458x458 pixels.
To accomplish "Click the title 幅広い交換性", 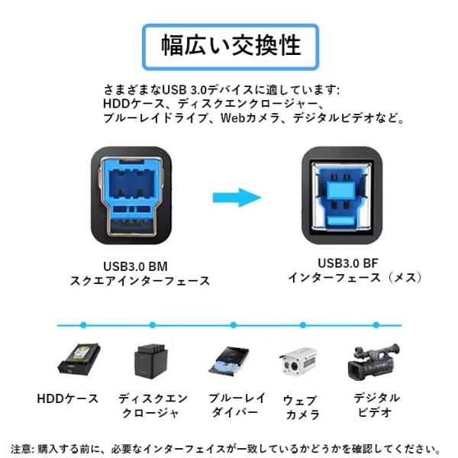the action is click(x=231, y=45).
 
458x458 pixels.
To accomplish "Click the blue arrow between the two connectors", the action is click(x=237, y=198).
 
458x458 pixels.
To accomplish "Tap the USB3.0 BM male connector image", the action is click(x=131, y=195).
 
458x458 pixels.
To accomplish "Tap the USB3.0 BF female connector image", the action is click(x=342, y=195).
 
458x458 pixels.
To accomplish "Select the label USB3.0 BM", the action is click(x=136, y=266).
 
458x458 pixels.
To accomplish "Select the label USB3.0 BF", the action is click(x=348, y=263).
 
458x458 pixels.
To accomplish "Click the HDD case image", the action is click(x=79, y=359).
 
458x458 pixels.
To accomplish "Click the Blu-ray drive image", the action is click(x=229, y=362).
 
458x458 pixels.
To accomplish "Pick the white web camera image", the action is click(x=298, y=362).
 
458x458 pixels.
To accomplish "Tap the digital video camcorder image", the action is click(x=373, y=362).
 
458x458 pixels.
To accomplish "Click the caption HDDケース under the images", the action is click(x=68, y=398).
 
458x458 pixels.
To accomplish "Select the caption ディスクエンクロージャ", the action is click(x=153, y=406).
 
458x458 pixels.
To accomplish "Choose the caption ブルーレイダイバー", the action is click(x=237, y=405).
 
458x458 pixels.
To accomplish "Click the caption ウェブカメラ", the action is click(x=302, y=408).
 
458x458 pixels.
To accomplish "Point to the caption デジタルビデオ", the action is click(x=376, y=405).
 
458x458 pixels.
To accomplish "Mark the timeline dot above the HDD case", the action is click(x=83, y=325).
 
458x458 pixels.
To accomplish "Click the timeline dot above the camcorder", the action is click(x=376, y=325).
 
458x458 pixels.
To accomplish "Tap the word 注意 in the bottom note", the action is click(x=22, y=449).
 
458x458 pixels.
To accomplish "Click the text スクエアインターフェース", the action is click(x=140, y=281).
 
